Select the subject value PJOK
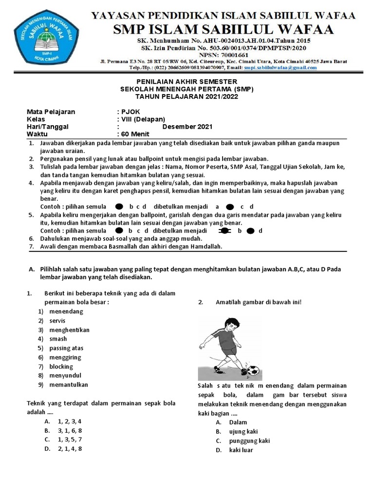[129, 112]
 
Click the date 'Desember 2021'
[187, 127]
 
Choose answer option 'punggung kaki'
[243, 441]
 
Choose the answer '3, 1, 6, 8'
[70, 431]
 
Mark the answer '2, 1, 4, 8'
[70, 449]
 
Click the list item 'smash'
[58, 339]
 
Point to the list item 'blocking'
[61, 366]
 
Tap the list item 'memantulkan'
[69, 384]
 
